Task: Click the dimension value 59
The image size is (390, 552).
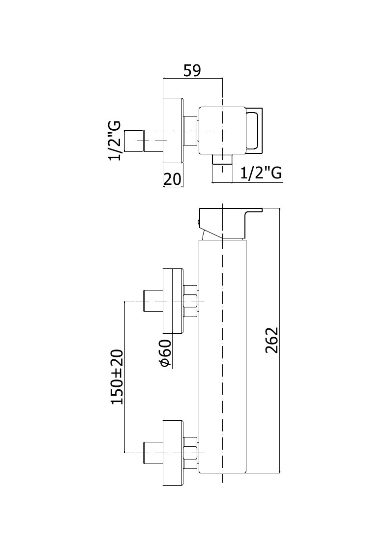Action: pyautogui.click(x=192, y=70)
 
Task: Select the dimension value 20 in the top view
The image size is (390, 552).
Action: pyautogui.click(x=172, y=179)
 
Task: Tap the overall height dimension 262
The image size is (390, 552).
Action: pyautogui.click(x=272, y=340)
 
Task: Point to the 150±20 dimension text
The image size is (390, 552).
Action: pyautogui.click(x=118, y=377)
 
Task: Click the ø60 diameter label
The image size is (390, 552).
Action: pyautogui.click(x=166, y=353)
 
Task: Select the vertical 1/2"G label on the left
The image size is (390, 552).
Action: pyautogui.click(x=115, y=141)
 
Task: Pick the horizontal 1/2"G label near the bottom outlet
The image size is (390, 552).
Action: pyautogui.click(x=261, y=173)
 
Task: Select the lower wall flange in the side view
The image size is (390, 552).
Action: pyautogui.click(x=173, y=452)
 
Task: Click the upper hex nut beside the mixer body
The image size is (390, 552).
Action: pyautogui.click(x=190, y=301)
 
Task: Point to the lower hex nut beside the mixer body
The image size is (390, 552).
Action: pyautogui.click(x=190, y=453)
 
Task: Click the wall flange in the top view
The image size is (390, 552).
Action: pyautogui.click(x=173, y=131)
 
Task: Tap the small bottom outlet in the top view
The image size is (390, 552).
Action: pyautogui.click(x=222, y=159)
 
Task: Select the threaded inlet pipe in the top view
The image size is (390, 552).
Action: pyautogui.click(x=144, y=141)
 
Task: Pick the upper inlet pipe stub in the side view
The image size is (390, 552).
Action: pyautogui.click(x=153, y=301)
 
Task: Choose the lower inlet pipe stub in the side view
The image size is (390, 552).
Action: pyautogui.click(x=153, y=453)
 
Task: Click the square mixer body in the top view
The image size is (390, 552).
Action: pyautogui.click(x=222, y=131)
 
